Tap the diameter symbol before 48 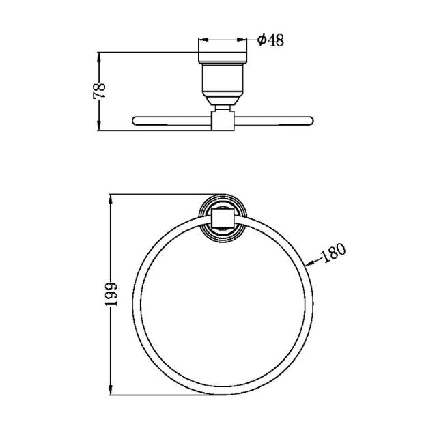[262, 40]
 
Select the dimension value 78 [100, 91]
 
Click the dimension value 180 [333, 253]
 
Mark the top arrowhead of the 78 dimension [100, 56]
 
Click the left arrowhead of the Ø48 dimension [201, 40]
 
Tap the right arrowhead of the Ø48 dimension [244, 40]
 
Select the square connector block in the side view [223, 121]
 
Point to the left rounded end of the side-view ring [135, 121]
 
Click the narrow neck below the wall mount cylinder [223, 106]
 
